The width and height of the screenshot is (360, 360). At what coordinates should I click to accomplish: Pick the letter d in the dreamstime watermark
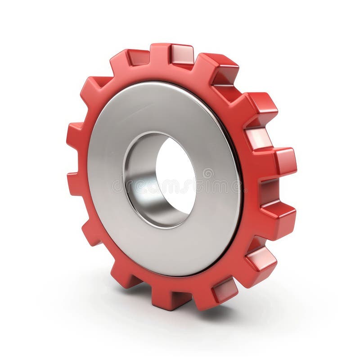click(118, 185)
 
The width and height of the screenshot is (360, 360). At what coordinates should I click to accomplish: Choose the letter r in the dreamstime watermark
click(129, 185)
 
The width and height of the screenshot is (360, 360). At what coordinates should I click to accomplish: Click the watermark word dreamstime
click(175, 185)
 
